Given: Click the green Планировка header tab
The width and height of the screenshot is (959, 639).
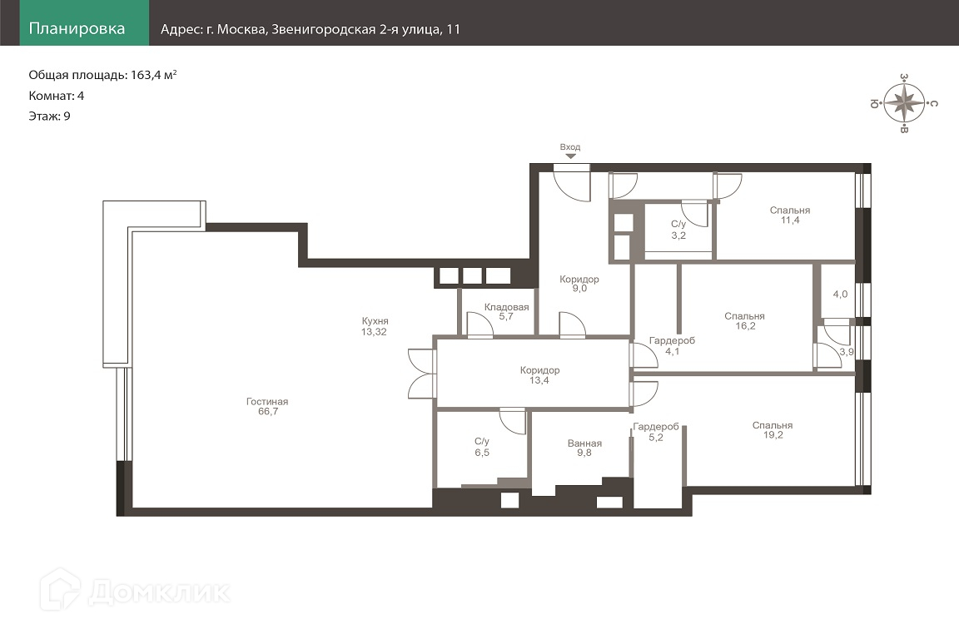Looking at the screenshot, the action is (x=84, y=22).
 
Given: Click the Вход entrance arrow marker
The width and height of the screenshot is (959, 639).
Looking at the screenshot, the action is (x=570, y=156).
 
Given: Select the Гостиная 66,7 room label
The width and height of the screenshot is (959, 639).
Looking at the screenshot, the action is (x=267, y=407).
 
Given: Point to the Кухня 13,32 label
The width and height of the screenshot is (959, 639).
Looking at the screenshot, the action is (x=375, y=326).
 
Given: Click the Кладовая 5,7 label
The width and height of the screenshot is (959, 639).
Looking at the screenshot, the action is (x=506, y=312).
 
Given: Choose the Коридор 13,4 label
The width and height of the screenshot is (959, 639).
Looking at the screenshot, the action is (x=539, y=375).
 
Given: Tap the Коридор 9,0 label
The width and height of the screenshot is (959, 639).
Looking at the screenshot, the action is (x=579, y=284).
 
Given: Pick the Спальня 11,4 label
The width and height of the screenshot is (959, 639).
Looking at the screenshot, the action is (x=789, y=215).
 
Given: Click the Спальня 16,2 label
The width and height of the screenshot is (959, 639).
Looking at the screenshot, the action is (x=744, y=321).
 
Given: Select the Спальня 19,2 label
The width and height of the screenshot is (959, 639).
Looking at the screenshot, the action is (x=773, y=430).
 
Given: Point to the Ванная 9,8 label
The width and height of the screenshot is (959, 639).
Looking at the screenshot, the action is (x=584, y=448).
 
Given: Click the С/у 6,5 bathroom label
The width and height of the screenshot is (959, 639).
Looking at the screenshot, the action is (x=482, y=447).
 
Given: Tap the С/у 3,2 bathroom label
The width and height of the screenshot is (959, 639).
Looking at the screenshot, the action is (x=678, y=230).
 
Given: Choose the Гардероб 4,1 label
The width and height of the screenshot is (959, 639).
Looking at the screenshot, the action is (x=672, y=346).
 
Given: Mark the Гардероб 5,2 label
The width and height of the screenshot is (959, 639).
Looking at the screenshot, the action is (x=656, y=433).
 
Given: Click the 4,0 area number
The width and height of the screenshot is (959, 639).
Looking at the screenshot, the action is (x=840, y=295).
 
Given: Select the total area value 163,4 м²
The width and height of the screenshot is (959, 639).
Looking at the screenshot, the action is (x=153, y=75).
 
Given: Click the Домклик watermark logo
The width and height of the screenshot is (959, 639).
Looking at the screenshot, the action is (x=135, y=591).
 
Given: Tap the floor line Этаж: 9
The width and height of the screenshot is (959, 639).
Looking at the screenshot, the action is (x=50, y=116).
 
